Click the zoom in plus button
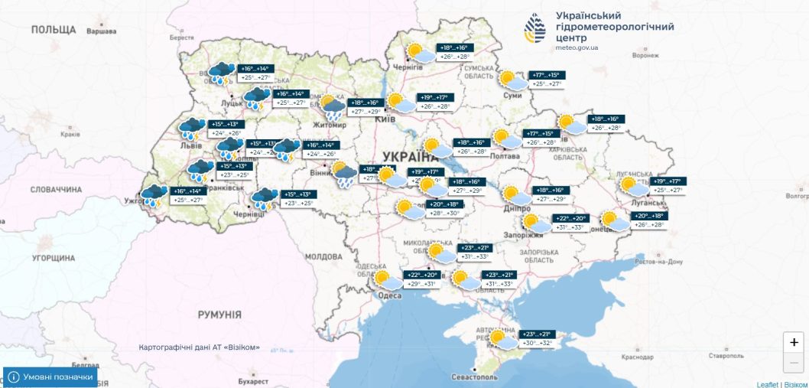pyautogui.click(x=794, y=343)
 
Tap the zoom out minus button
pyautogui.click(x=794, y=362)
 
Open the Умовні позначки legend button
pyautogui.click(x=50, y=377)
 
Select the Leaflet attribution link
pyautogui.click(x=767, y=383)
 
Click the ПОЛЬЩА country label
pyautogui.click(x=54, y=29)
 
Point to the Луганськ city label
pyautogui.click(x=648, y=203)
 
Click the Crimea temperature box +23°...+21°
pyautogui.click(x=536, y=334)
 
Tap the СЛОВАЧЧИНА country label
pyautogui.click(x=56, y=189)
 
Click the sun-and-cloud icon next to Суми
pyautogui.click(x=512, y=80)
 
